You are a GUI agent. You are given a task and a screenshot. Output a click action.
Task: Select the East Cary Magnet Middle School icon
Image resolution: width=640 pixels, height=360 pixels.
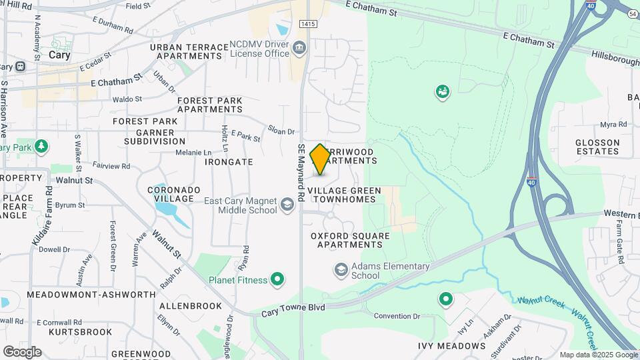pos(287,205)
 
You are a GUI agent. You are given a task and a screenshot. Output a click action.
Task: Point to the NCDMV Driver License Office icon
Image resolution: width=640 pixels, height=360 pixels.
pos(299,47)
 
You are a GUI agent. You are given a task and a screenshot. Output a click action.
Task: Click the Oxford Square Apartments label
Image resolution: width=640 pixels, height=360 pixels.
pos(350,240)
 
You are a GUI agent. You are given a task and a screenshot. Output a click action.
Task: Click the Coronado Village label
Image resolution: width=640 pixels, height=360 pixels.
pos(174,195)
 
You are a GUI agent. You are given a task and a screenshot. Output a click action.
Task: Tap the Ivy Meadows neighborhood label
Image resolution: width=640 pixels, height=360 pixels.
pos(451,346)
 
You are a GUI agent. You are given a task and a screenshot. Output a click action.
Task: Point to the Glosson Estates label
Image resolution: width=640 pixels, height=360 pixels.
pos(598,146)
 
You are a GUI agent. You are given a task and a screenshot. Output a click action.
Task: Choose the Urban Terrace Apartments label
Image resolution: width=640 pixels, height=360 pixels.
pos(186,51)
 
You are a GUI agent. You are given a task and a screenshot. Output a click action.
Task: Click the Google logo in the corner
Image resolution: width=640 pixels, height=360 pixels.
pos(21,351)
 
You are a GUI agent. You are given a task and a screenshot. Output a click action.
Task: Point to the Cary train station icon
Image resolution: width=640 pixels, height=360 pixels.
pos(21,67)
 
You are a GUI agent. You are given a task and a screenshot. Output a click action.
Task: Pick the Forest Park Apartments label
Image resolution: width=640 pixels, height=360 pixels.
pos(210,105)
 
